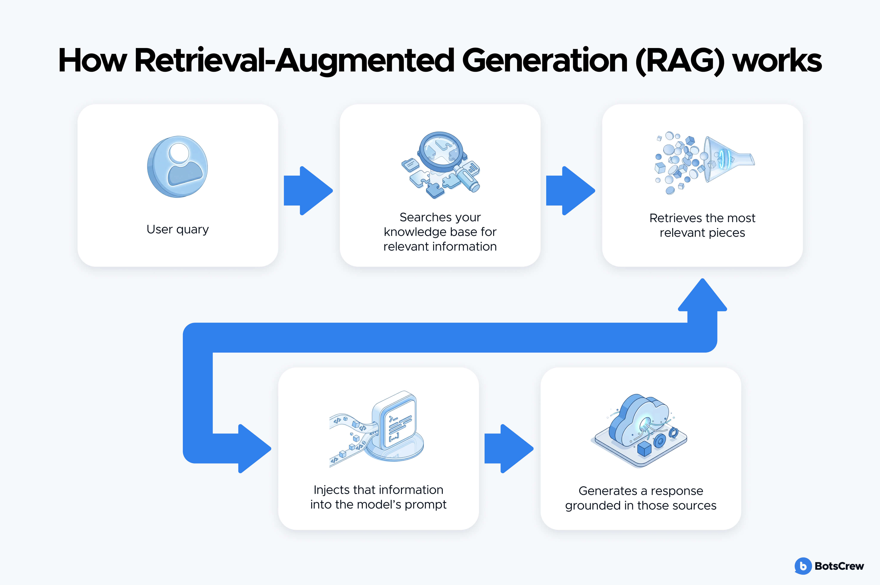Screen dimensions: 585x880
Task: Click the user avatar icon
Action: click(x=178, y=166)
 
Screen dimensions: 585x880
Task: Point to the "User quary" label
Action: click(x=178, y=229)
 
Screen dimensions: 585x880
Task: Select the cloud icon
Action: click(x=639, y=422)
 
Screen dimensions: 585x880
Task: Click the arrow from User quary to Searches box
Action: click(x=308, y=191)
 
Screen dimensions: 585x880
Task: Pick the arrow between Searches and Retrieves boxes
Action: click(x=571, y=191)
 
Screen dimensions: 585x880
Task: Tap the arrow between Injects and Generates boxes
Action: click(x=509, y=449)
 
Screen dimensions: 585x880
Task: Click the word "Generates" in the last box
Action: click(x=608, y=491)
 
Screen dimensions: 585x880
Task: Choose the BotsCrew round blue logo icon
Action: click(x=803, y=566)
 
